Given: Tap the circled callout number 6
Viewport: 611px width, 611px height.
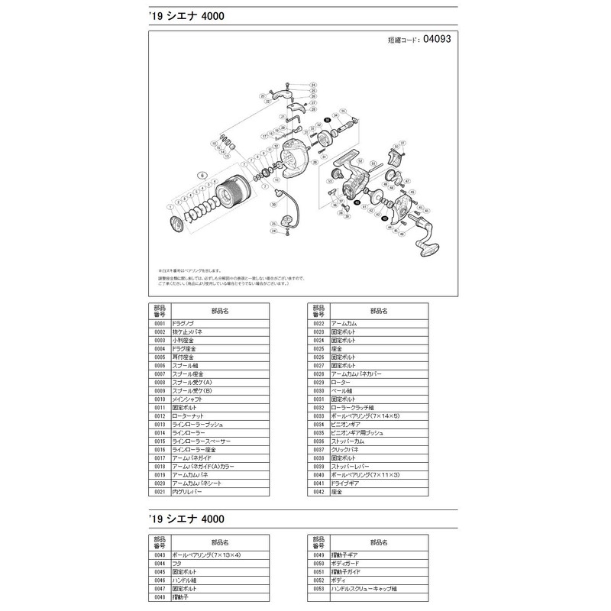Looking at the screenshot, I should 202,175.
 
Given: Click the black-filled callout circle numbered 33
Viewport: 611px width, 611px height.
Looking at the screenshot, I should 327,121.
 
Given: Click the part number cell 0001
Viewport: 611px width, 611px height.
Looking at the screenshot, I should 159,324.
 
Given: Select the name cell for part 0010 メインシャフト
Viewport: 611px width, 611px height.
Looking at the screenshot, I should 221,399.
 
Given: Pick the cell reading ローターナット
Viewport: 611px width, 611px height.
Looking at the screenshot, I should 221,416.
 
